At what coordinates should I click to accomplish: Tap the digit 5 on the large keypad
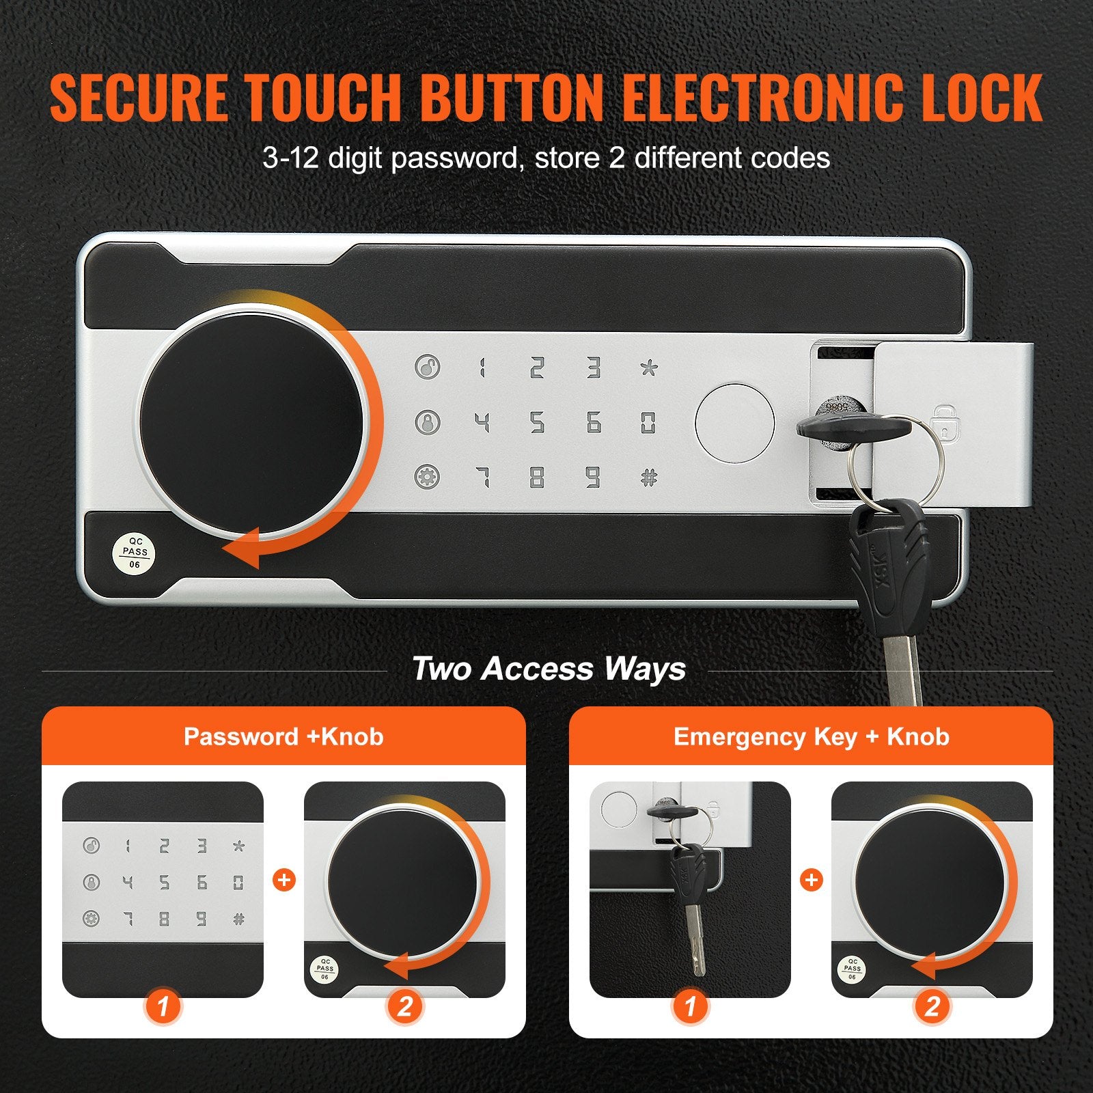[537, 423]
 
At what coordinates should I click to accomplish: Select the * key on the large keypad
[649, 368]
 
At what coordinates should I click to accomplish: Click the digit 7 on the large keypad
[482, 478]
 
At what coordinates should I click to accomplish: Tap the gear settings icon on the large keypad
[428, 477]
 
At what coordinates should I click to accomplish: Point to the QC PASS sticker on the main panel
[134, 552]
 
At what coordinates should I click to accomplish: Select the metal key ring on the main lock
[895, 465]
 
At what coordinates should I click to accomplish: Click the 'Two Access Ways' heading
[549, 669]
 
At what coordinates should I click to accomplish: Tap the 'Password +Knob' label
[283, 737]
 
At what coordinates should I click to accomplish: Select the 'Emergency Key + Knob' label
[811, 737]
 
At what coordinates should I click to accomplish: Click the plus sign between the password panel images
[284, 880]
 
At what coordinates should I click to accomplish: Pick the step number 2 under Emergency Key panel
[932, 1006]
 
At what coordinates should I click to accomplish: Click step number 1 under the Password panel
[163, 1006]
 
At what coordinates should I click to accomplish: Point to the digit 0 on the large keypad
[648, 423]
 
